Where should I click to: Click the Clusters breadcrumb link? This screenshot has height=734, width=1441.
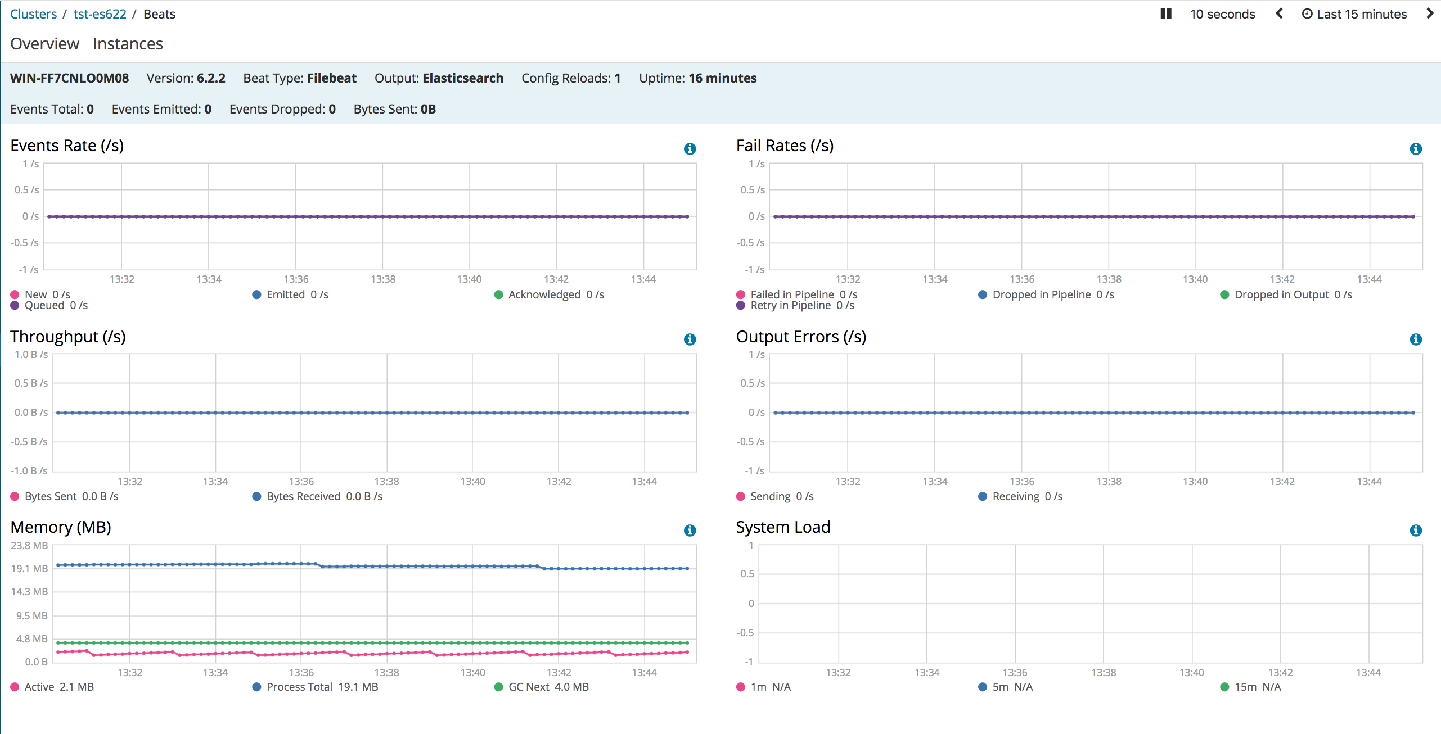coord(33,14)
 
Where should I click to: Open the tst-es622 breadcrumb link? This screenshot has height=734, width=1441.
coord(100,14)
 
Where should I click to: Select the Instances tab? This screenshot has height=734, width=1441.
coord(128,44)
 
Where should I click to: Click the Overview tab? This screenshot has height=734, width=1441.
coord(44,44)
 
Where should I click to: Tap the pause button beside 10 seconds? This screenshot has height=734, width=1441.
coord(1165,14)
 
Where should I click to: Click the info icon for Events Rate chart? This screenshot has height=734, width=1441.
coord(690,149)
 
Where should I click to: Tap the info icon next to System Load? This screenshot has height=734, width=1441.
coord(1415,531)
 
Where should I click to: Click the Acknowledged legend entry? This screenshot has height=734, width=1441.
coord(543,294)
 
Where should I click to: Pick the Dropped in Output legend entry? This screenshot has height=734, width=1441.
coord(1281,294)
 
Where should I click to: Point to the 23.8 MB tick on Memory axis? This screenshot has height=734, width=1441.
coord(29,546)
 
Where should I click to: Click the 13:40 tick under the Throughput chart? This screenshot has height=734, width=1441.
coord(472,482)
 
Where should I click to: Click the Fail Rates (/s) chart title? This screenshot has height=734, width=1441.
coord(785,146)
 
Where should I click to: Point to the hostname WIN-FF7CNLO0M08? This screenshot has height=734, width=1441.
coord(69,78)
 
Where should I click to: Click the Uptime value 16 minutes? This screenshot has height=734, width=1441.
coord(722,78)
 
